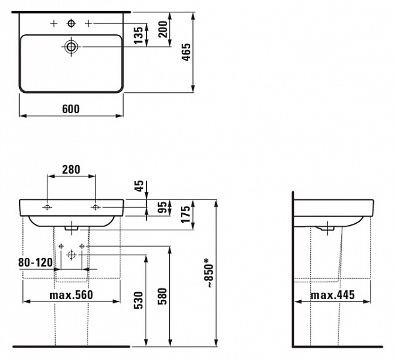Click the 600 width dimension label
[71, 109]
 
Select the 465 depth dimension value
[187, 52]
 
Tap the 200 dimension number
[163, 29]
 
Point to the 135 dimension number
[138, 36]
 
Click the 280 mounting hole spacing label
[71, 170]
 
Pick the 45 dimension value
[139, 186]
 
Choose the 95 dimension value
[163, 207]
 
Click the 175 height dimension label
[186, 215]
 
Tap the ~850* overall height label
[209, 273]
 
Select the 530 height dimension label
[138, 300]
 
